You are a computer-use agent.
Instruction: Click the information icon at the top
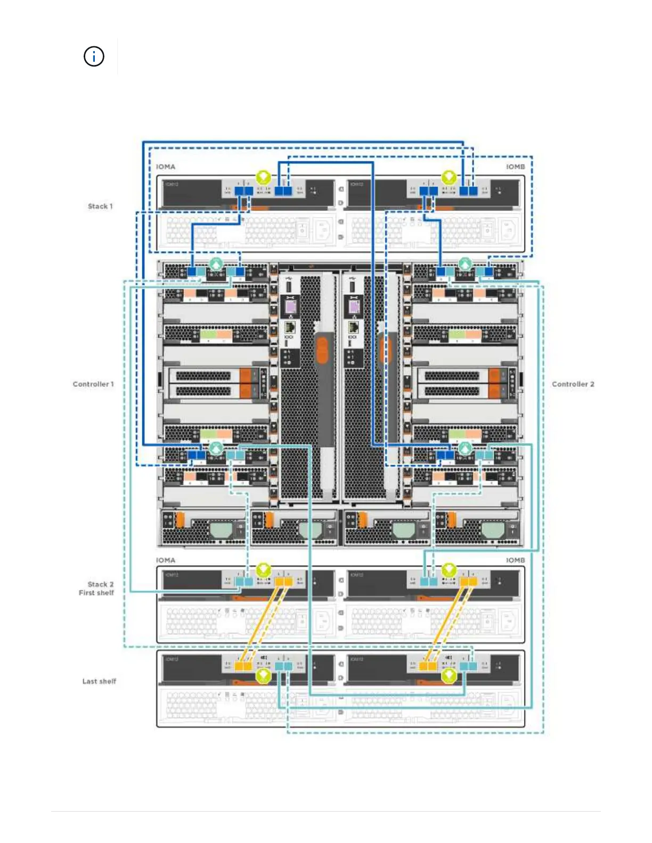pyautogui.click(x=94, y=56)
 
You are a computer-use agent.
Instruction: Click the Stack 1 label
pyautogui.click(x=100, y=206)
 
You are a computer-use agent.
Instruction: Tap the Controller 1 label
pyautogui.click(x=93, y=384)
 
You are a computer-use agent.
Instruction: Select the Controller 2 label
pyautogui.click(x=573, y=384)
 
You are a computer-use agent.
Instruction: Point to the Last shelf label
pyautogui.click(x=99, y=681)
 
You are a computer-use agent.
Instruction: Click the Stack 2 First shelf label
pyautogui.click(x=97, y=589)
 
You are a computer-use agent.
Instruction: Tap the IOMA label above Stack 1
pyautogui.click(x=166, y=167)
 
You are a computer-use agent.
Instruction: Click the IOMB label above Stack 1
pyautogui.click(x=515, y=167)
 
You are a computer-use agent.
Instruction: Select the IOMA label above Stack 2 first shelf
pyautogui.click(x=166, y=560)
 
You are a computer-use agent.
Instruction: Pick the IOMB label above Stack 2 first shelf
pyautogui.click(x=515, y=560)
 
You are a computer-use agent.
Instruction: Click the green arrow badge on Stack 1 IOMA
pyautogui.click(x=263, y=177)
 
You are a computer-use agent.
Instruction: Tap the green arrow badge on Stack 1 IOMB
pyautogui.click(x=449, y=177)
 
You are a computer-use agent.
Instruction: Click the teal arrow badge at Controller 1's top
pyautogui.click(x=216, y=263)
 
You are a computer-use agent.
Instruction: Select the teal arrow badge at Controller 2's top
pyautogui.click(x=465, y=263)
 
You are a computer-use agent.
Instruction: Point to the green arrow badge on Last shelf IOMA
pyautogui.click(x=263, y=676)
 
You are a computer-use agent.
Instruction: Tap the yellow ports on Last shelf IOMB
pyautogui.click(x=428, y=666)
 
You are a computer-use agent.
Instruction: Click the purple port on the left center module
pyautogui.click(x=290, y=307)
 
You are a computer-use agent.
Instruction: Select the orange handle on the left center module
pyautogui.click(x=322, y=351)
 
